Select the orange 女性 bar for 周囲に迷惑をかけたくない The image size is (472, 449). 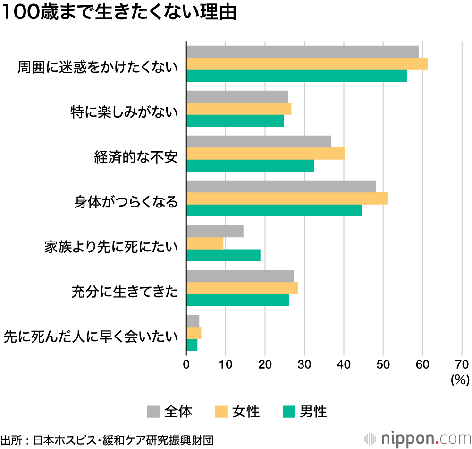point(307,64)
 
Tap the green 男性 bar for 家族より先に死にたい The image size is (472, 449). point(223,255)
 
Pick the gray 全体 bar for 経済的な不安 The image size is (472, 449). point(259,141)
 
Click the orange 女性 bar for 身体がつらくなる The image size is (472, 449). point(287,199)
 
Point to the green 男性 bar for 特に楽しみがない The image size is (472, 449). point(235,121)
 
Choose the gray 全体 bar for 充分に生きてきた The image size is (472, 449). point(240,276)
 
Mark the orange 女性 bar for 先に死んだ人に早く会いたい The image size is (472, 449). point(194,333)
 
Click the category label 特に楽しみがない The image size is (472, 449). point(124,112)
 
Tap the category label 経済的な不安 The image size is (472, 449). point(136,157)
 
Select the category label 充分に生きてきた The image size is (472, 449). point(125,292)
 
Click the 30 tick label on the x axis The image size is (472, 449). point(304,364)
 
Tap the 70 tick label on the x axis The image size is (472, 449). point(462,364)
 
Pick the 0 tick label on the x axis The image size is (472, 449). point(186,364)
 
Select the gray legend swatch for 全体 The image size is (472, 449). point(153,412)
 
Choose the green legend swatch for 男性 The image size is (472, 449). point(288,412)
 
